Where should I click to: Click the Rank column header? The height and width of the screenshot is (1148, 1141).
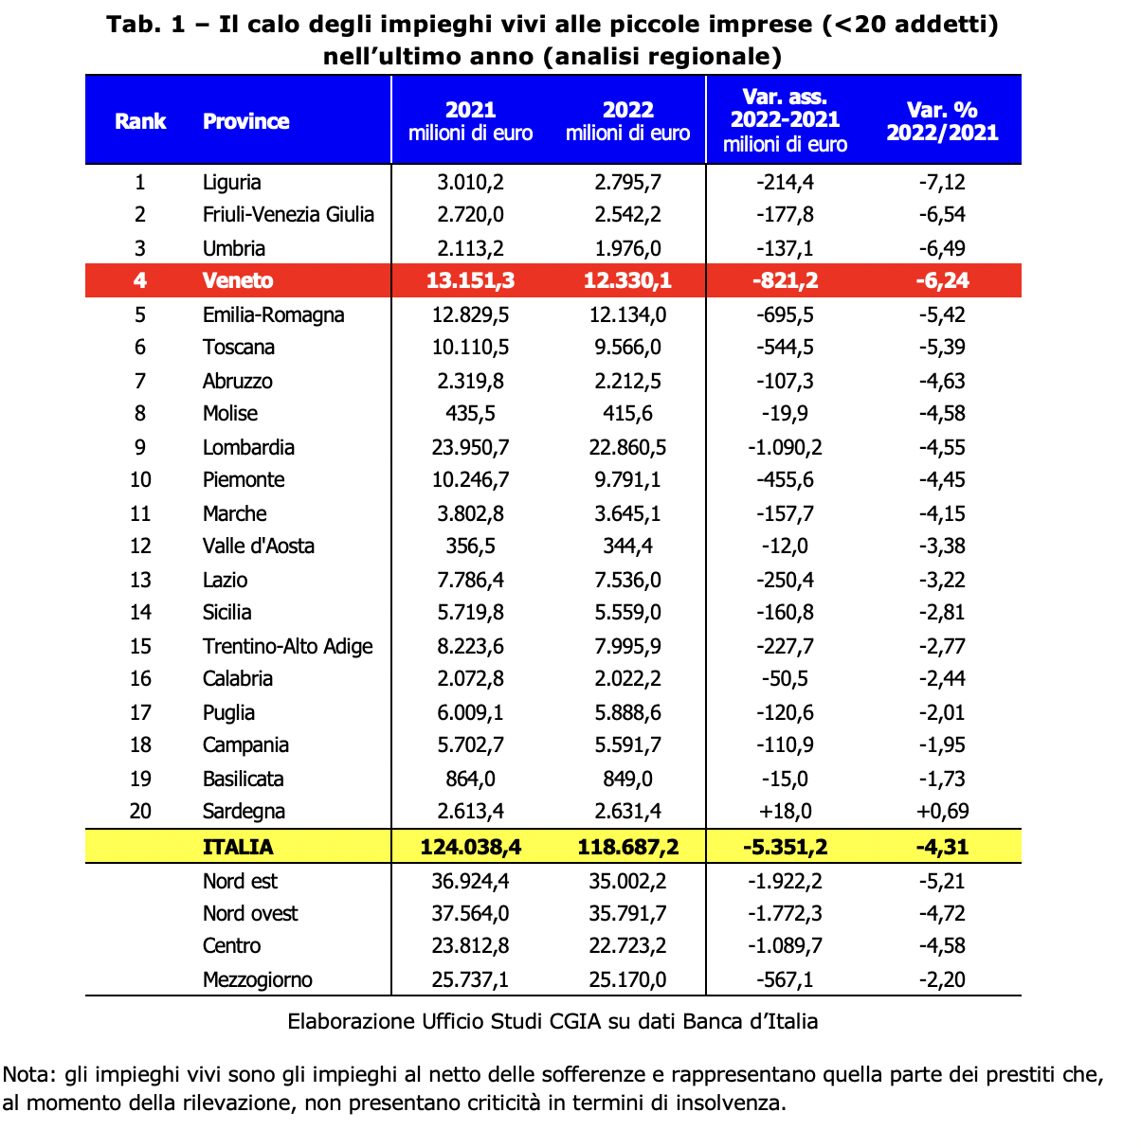tap(140, 121)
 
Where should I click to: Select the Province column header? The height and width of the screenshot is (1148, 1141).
tap(246, 121)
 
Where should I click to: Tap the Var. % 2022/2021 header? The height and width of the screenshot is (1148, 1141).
tap(942, 121)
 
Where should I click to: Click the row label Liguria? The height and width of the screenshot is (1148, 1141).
tap(231, 182)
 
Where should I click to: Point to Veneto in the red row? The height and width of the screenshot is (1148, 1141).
tap(237, 280)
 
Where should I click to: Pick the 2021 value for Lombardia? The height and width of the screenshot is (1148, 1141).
tap(470, 447)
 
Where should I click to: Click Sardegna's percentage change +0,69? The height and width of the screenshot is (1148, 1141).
tap(942, 811)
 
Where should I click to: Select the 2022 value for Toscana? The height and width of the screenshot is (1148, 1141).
tap(627, 347)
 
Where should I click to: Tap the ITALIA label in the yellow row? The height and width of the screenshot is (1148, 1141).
tap(238, 847)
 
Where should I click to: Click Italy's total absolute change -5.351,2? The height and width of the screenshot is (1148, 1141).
tap(785, 847)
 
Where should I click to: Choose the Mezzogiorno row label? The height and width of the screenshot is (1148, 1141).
tap(257, 979)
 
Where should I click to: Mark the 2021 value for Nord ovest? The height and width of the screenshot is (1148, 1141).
tap(470, 913)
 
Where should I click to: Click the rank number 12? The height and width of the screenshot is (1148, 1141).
tap(140, 546)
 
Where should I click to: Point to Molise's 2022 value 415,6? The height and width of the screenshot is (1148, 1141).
tap(627, 413)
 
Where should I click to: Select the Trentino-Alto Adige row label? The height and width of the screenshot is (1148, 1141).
tap(287, 646)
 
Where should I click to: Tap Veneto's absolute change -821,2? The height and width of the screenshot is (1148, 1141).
tap(785, 280)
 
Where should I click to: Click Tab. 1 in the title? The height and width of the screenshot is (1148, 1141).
tap(146, 25)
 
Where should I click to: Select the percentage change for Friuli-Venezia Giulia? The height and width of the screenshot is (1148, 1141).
tap(942, 214)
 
